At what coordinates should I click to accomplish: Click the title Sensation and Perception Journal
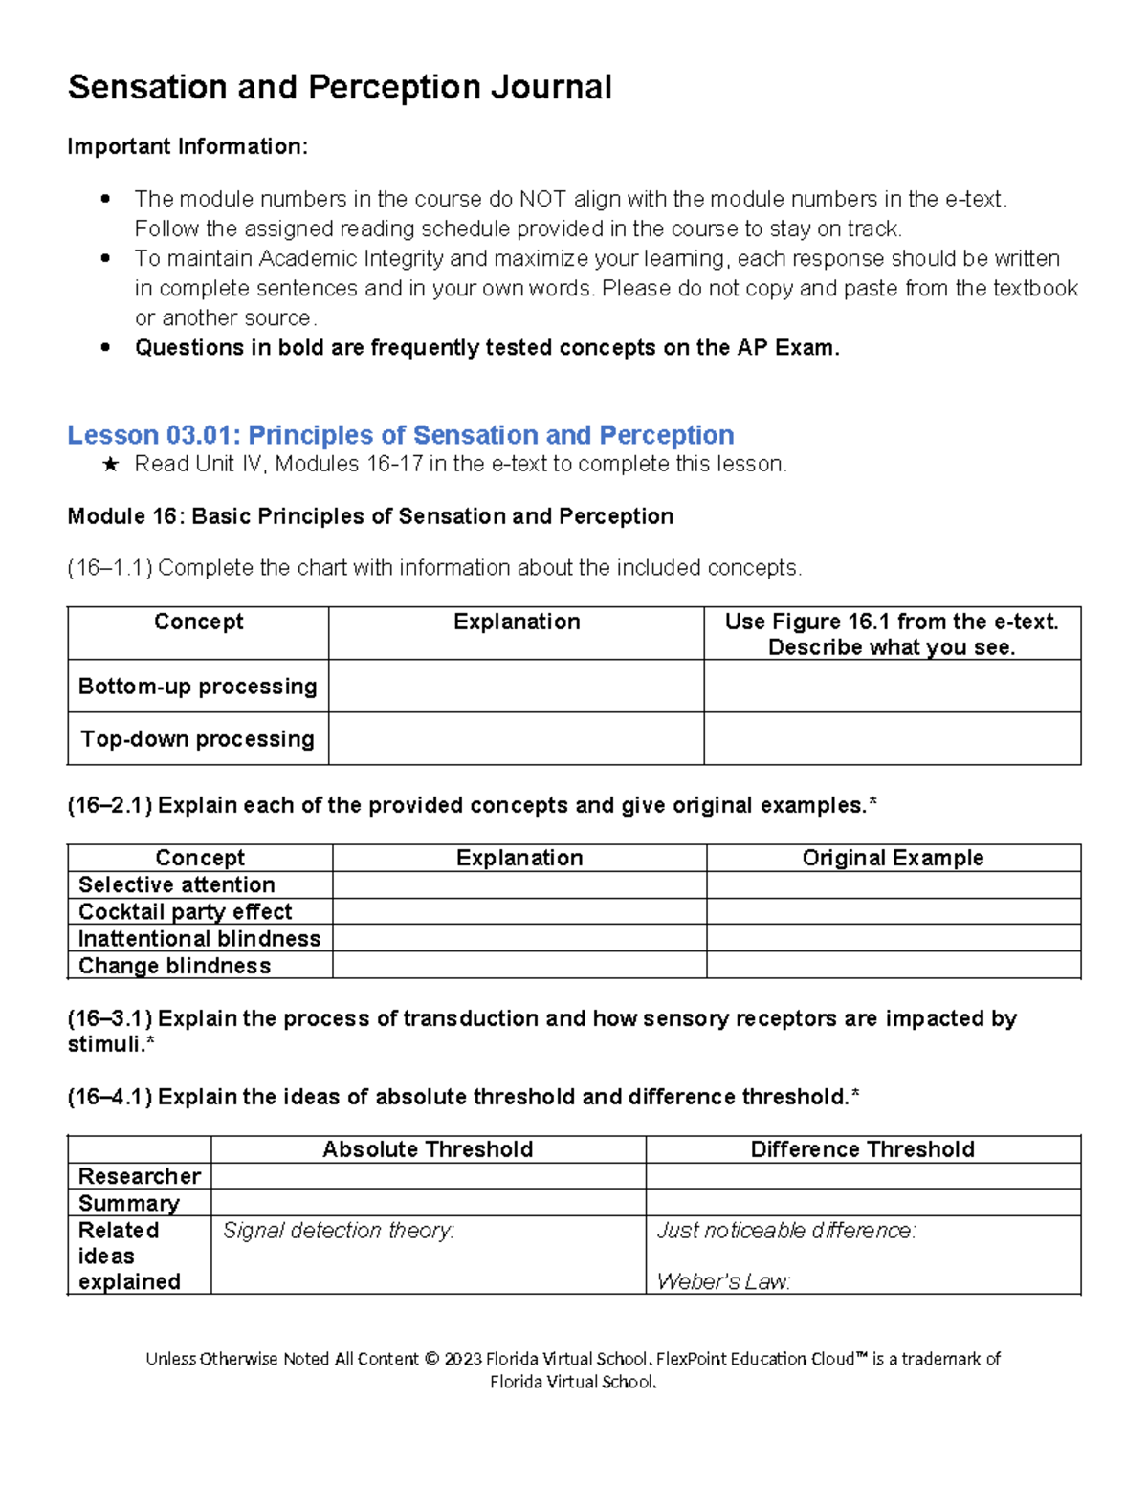[340, 88]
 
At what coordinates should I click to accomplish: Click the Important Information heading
[188, 146]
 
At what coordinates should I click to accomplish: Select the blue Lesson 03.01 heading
[400, 435]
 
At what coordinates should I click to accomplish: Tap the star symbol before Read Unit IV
[111, 465]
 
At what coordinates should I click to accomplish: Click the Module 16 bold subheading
[370, 516]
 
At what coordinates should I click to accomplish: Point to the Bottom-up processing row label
[197, 687]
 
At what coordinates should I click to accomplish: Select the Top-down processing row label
[197, 739]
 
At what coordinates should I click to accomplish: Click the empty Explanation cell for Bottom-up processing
[516, 686]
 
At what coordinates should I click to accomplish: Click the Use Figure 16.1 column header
[892, 633]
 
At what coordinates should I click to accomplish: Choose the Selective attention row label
[177, 884]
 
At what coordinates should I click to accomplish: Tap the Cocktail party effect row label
[186, 911]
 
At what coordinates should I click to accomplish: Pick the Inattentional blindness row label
[199, 938]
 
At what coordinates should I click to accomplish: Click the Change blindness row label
[174, 966]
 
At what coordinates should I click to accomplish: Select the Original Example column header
[893, 858]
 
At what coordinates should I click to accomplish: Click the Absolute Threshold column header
[428, 1149]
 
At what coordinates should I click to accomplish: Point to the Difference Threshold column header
[862, 1149]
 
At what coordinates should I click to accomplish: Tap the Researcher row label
[140, 1176]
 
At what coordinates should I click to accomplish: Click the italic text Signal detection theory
[339, 1231]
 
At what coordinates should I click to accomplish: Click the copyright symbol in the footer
[431, 1359]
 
